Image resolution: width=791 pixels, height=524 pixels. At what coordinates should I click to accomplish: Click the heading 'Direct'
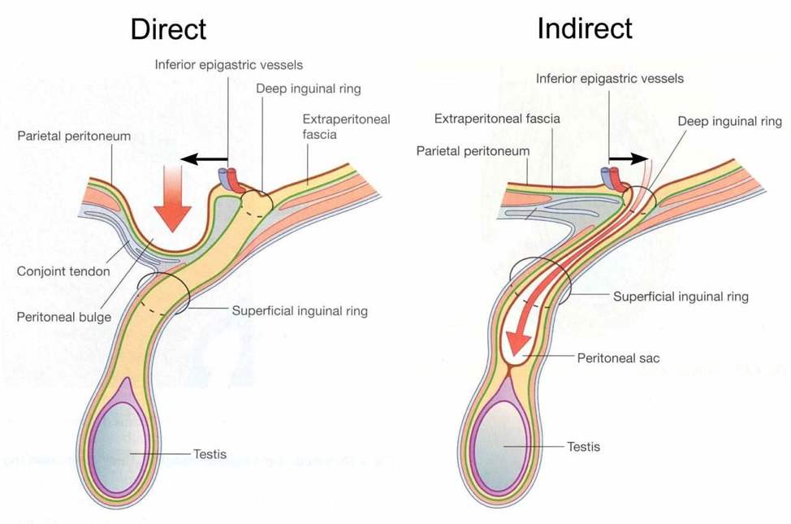(168, 29)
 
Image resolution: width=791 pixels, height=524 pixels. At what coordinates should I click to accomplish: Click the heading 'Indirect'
(584, 28)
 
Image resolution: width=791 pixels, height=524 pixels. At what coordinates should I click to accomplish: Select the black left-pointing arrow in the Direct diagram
(203, 159)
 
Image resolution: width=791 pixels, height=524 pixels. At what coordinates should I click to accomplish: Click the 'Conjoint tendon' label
(63, 271)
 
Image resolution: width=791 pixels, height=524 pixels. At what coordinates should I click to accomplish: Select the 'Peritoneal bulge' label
(63, 317)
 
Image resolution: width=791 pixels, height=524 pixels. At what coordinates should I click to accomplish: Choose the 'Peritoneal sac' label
(618, 357)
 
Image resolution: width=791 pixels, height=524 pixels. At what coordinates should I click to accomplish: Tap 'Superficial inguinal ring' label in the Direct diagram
(300, 310)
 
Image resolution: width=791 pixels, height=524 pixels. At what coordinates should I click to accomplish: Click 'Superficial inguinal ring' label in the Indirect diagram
(681, 297)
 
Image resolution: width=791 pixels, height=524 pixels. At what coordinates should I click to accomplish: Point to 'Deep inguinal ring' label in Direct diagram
(309, 89)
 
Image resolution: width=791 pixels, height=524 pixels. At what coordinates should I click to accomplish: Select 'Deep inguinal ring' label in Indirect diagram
(729, 121)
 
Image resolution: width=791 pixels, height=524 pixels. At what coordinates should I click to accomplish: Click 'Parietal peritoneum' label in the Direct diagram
(74, 136)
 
